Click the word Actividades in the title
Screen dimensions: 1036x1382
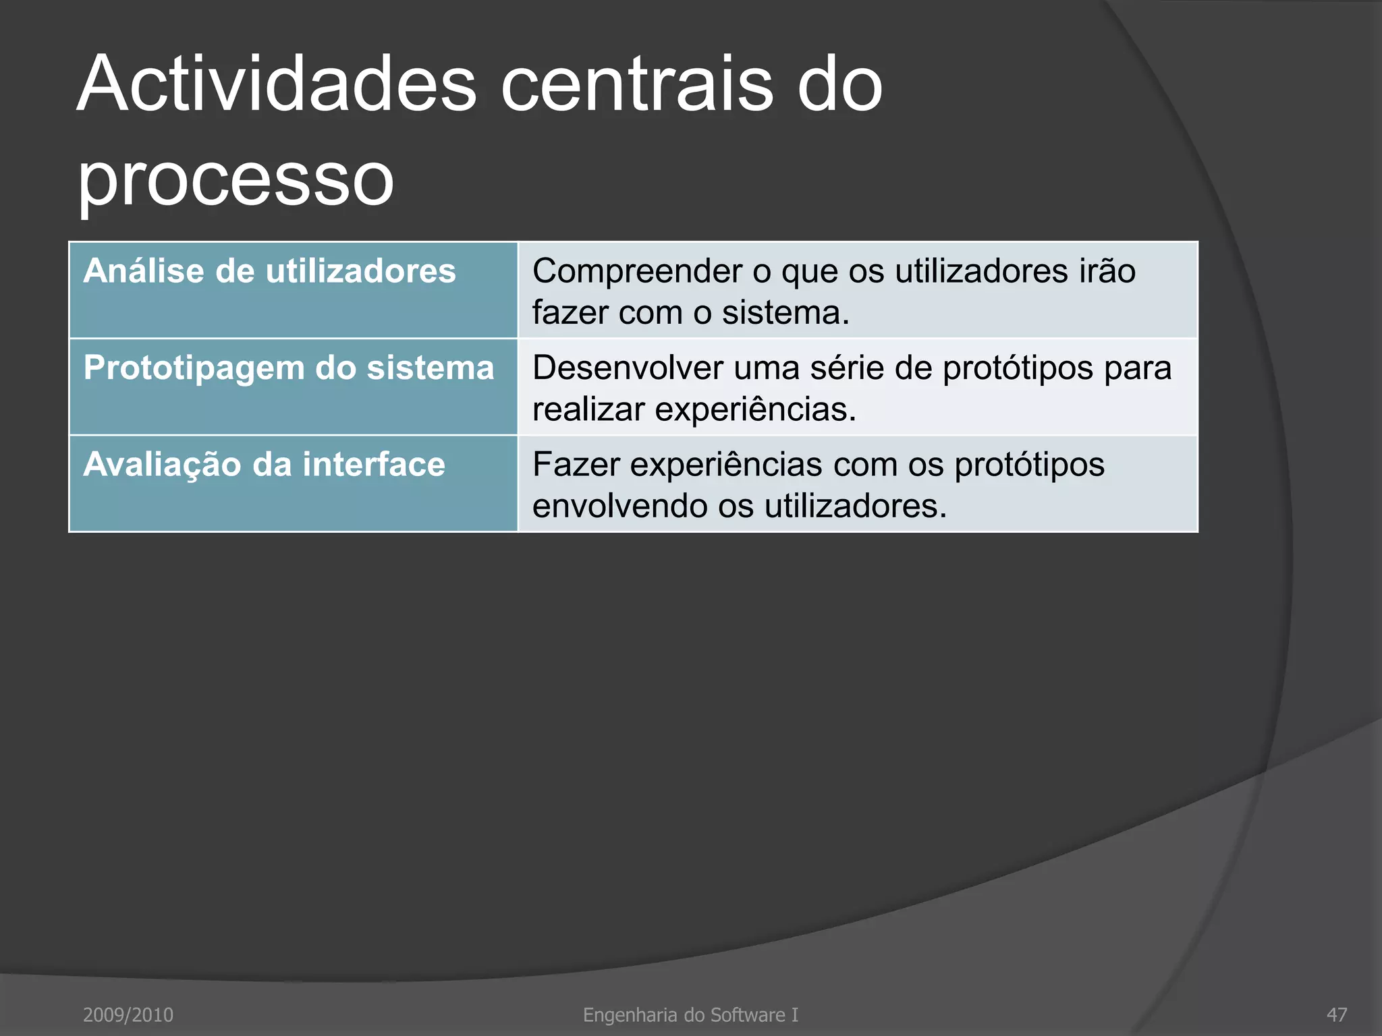point(277,84)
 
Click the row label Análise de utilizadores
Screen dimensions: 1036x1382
point(269,271)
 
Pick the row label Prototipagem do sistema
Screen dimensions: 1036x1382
point(289,368)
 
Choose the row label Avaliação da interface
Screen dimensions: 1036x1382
point(264,465)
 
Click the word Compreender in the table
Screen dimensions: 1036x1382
point(637,272)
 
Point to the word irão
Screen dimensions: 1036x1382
point(1107,271)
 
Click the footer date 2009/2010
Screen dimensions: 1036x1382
point(128,1014)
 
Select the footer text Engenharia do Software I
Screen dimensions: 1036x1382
point(690,1014)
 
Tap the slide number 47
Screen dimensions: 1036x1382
point(1336,1014)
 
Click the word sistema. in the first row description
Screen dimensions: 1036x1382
point(785,313)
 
